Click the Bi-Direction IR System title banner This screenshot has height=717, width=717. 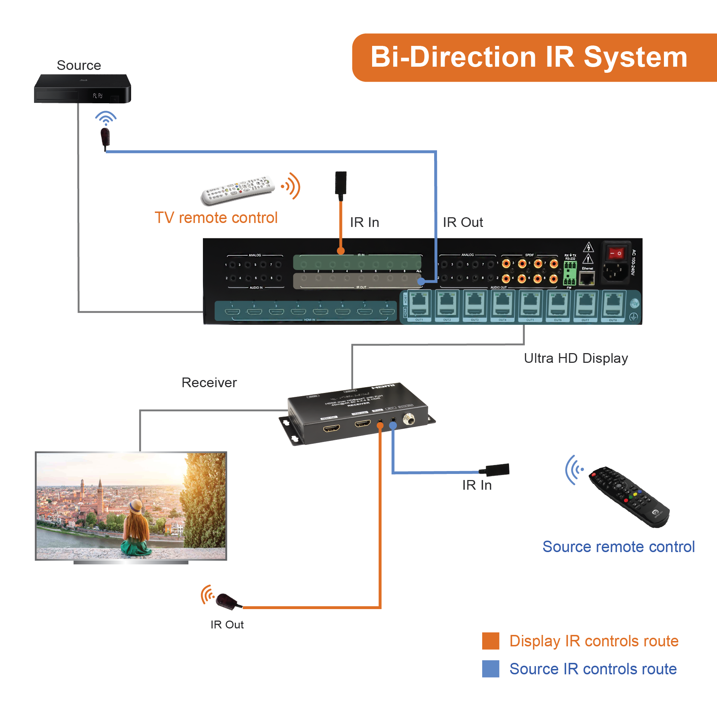(531, 57)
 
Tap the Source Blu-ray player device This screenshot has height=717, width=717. (82, 89)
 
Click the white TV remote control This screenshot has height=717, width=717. (238, 190)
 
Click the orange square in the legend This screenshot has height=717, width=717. (490, 641)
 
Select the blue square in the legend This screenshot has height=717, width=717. (490, 669)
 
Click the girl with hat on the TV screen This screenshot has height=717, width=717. (136, 527)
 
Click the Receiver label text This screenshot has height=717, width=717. (209, 383)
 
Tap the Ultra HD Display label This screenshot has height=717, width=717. (576, 358)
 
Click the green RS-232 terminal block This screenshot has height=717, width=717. (570, 273)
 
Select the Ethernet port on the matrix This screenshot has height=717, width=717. (587, 277)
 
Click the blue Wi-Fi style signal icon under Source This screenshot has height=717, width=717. (106, 118)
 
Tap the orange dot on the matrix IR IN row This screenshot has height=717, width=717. (341, 251)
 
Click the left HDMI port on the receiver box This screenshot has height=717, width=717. (331, 429)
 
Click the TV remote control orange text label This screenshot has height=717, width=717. (216, 218)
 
